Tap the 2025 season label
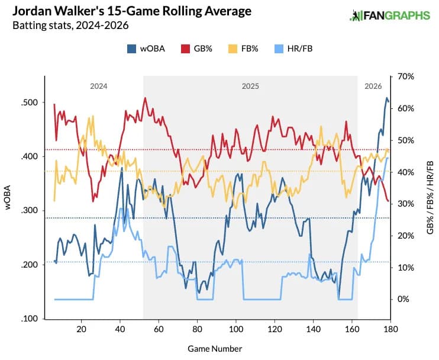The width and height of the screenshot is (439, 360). tap(250, 86)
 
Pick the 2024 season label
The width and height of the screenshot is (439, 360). tap(98, 86)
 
